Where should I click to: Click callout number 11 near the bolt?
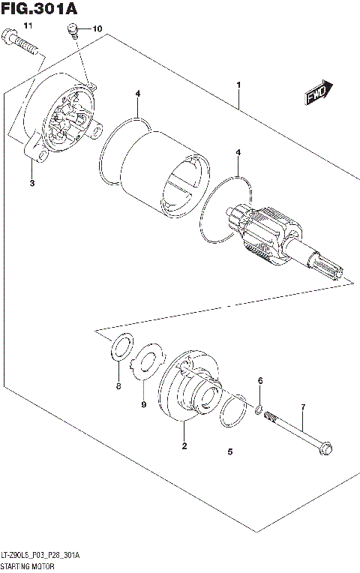click(28, 26)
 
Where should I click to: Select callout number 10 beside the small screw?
click(97, 28)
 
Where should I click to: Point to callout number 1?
click(238, 85)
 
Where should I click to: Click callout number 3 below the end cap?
click(32, 183)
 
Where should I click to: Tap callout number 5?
click(230, 451)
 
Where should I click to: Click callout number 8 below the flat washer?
click(118, 386)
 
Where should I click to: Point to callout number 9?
click(142, 405)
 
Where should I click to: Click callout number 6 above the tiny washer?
click(260, 381)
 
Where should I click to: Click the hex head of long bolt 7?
click(328, 451)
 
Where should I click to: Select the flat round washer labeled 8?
click(119, 347)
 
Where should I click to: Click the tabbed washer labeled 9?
click(148, 357)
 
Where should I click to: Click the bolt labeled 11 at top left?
click(22, 45)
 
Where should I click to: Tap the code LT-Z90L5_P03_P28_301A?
click(40, 555)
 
